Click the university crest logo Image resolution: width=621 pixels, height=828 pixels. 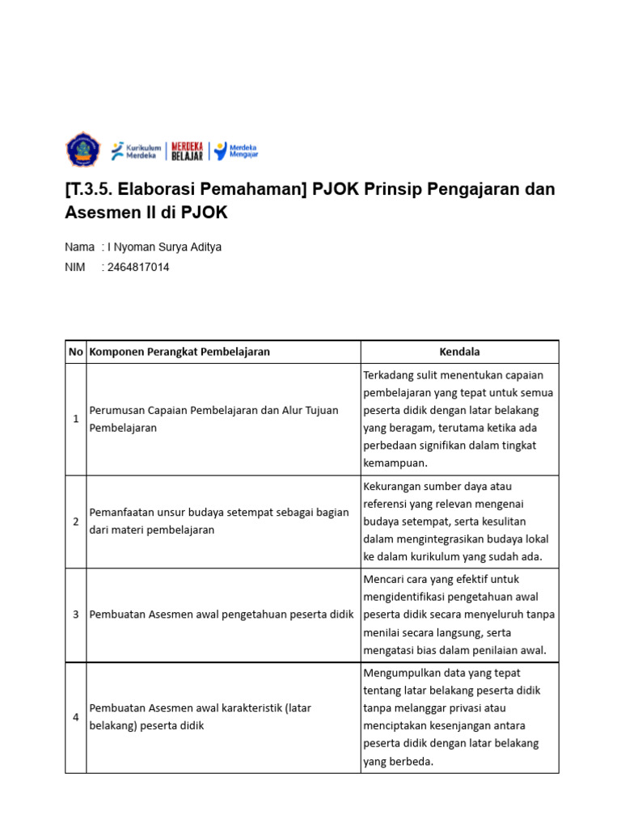(81, 150)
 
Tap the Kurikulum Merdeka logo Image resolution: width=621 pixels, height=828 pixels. (135, 150)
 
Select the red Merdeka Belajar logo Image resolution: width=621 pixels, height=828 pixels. (187, 150)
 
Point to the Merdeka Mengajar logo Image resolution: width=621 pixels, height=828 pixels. (235, 150)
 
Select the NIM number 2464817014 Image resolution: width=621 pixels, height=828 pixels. (138, 267)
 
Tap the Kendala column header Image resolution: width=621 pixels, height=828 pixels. (459, 352)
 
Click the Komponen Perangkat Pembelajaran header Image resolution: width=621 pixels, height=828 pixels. (180, 352)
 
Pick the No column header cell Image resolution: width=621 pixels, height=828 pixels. (76, 352)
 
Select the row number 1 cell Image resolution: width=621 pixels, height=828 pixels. (76, 419)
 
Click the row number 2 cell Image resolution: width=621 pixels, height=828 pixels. (76, 522)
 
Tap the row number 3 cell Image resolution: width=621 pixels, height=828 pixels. (76, 615)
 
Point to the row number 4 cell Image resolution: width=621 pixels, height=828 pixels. (76, 717)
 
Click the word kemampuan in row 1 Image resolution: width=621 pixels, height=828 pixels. (395, 463)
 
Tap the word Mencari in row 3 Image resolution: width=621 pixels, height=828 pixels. (385, 579)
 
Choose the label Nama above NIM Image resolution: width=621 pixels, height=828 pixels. (79, 247)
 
